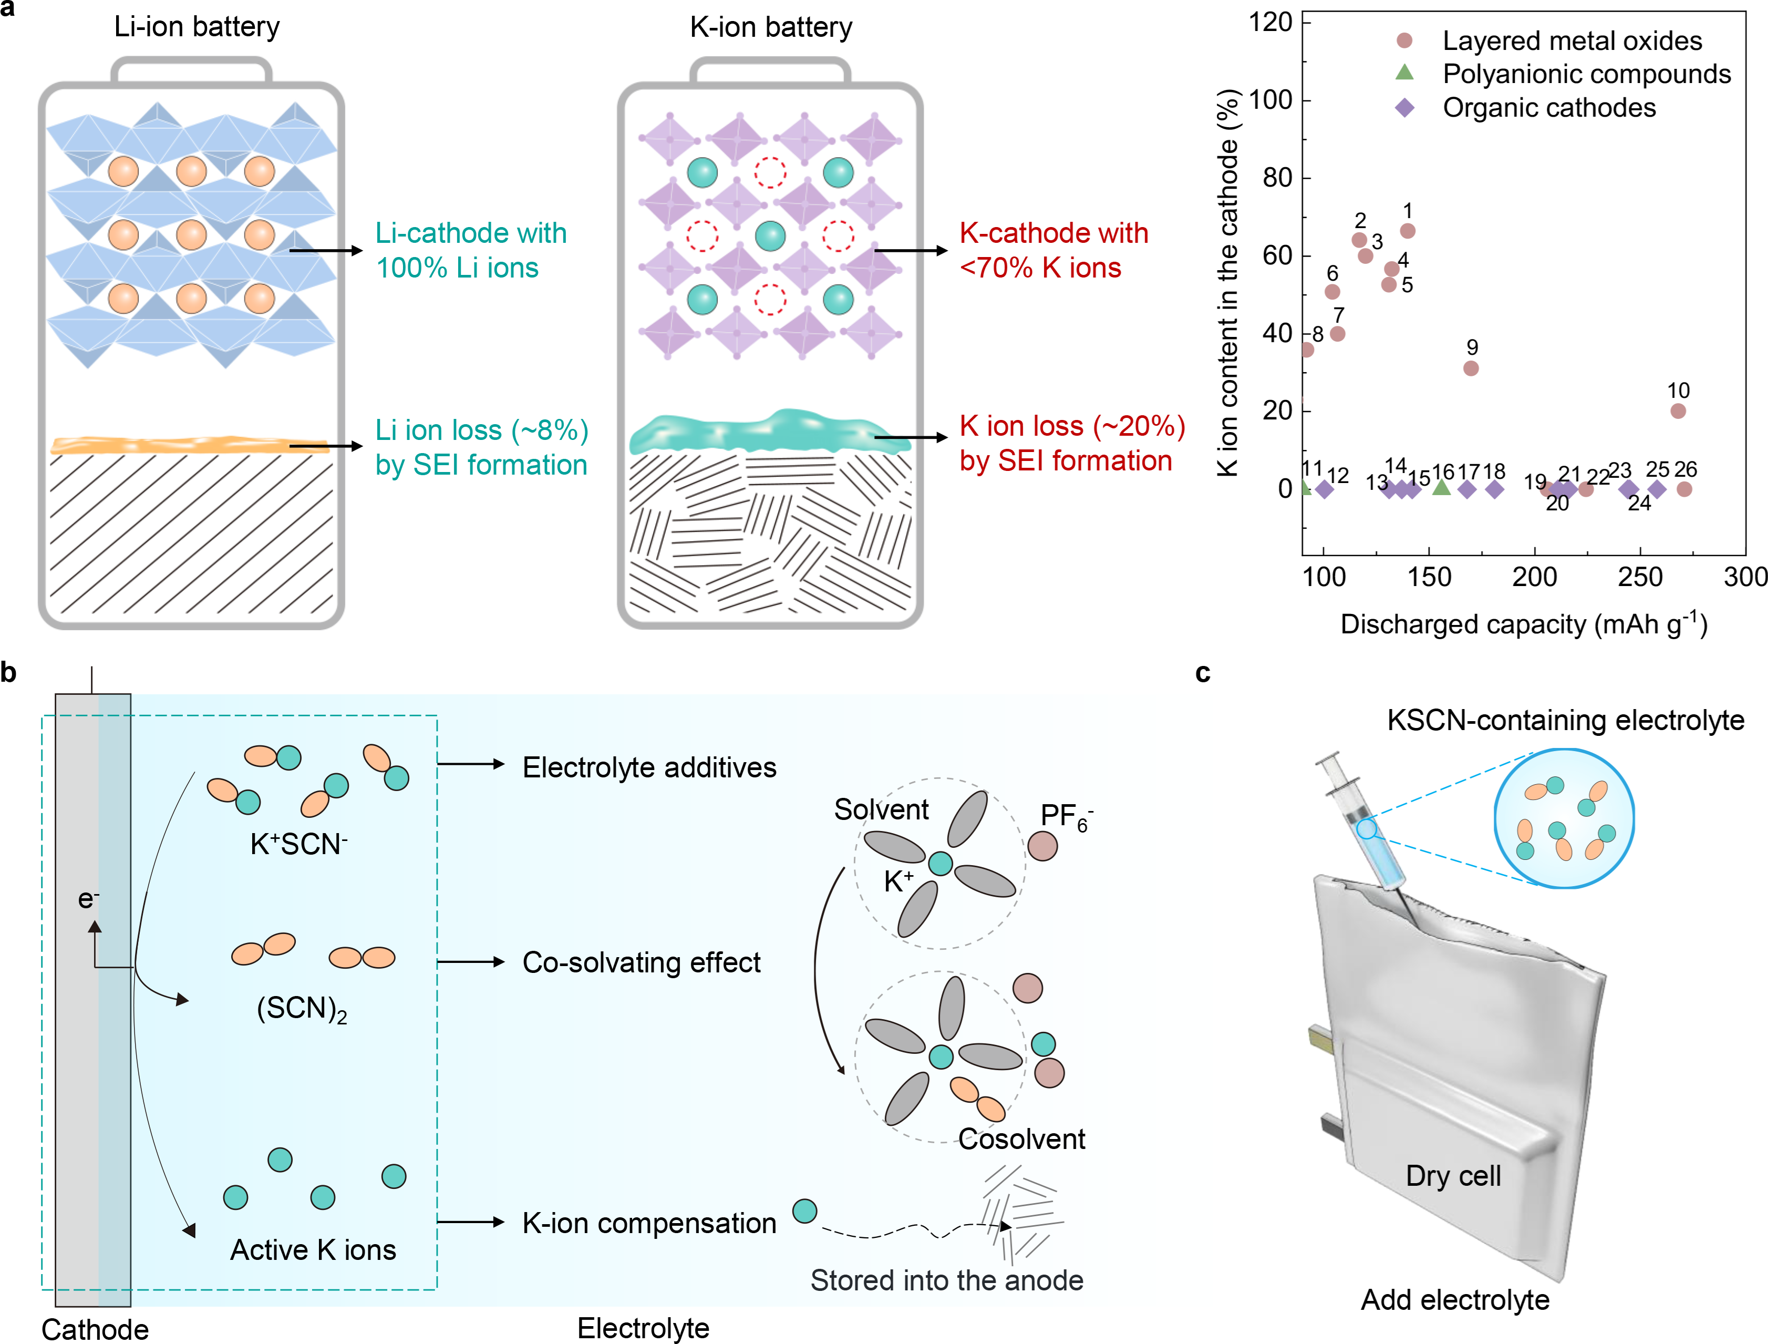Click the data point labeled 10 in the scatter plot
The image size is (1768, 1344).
pos(1678,411)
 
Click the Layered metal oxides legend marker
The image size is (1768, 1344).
pos(1404,40)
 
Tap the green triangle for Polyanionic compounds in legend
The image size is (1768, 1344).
pos(1404,73)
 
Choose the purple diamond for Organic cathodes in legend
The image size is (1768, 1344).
pos(1404,107)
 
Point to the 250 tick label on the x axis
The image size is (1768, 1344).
pos(1639,577)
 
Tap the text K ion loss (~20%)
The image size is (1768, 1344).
pos(1071,426)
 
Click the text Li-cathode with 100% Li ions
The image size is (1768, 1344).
pos(471,250)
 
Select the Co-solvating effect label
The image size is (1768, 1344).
pos(642,962)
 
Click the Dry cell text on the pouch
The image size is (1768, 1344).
pos(1453,1175)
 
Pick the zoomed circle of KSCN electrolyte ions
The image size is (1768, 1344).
pos(1564,818)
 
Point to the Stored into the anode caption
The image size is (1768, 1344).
pos(947,1280)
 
